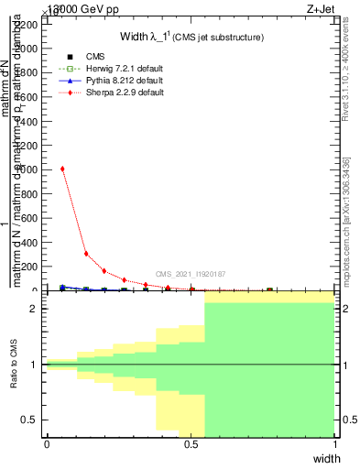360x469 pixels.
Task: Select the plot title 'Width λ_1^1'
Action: pyautogui.click(x=191, y=37)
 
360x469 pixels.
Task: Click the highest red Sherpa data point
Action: pyautogui.click(x=62, y=169)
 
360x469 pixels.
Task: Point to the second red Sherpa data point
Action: pyautogui.click(x=86, y=254)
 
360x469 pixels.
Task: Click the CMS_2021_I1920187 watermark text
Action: pyautogui.click(x=191, y=274)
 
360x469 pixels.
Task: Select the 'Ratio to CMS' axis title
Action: pyautogui.click(x=15, y=365)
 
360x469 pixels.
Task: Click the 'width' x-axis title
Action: pyautogui.click(x=326, y=458)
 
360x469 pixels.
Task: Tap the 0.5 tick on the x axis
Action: pyautogui.click(x=191, y=444)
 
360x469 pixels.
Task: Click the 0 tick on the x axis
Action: pyautogui.click(x=47, y=444)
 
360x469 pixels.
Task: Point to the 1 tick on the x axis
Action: pyautogui.click(x=335, y=444)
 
